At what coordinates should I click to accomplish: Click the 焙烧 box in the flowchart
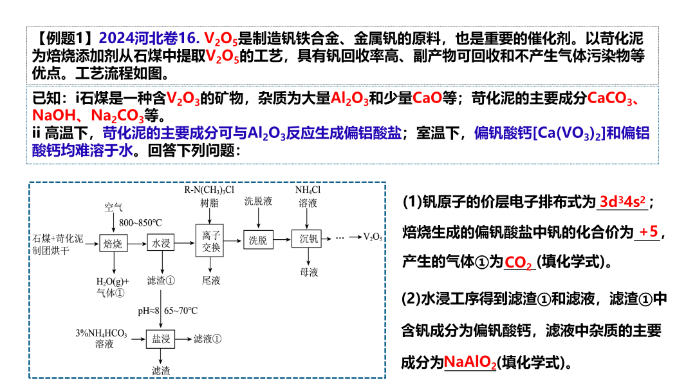(x=113, y=243)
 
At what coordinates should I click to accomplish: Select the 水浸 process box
(x=160, y=243)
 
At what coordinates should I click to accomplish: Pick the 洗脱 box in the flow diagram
(x=258, y=240)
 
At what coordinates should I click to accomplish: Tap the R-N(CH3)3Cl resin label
(x=209, y=190)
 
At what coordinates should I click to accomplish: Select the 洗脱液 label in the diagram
(x=258, y=202)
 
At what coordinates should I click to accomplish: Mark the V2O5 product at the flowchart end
(x=373, y=237)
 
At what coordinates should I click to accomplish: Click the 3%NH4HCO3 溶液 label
(x=103, y=338)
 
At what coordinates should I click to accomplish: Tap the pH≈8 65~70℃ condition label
(x=167, y=311)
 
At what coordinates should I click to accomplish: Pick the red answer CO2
(x=519, y=263)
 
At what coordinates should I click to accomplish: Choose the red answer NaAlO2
(x=470, y=362)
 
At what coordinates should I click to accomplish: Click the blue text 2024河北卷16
(x=151, y=39)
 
